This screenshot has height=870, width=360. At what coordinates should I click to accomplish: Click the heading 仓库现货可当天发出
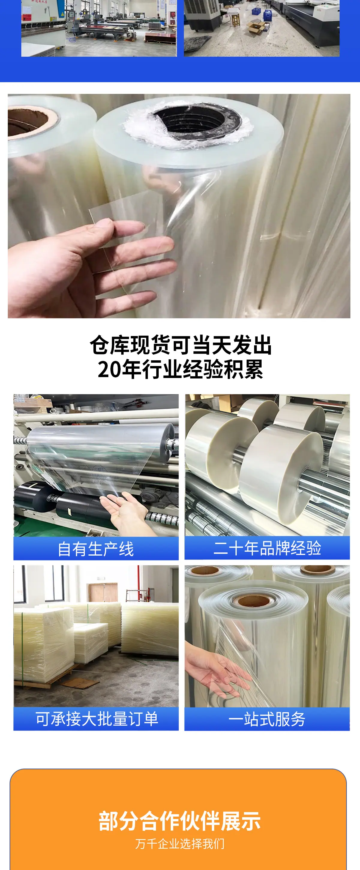pyautogui.click(x=180, y=345)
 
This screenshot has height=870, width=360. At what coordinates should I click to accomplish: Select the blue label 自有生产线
pyautogui.click(x=96, y=549)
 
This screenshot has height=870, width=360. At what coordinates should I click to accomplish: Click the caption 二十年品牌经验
pyautogui.click(x=267, y=548)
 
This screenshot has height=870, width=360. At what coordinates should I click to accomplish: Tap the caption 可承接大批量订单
pyautogui.click(x=97, y=719)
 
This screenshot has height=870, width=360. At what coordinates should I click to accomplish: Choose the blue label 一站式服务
pyautogui.click(x=267, y=719)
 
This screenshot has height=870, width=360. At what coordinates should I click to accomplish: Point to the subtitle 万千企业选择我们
pyautogui.click(x=180, y=844)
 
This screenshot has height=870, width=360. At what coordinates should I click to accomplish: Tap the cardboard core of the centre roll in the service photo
pyautogui.click(x=252, y=601)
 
